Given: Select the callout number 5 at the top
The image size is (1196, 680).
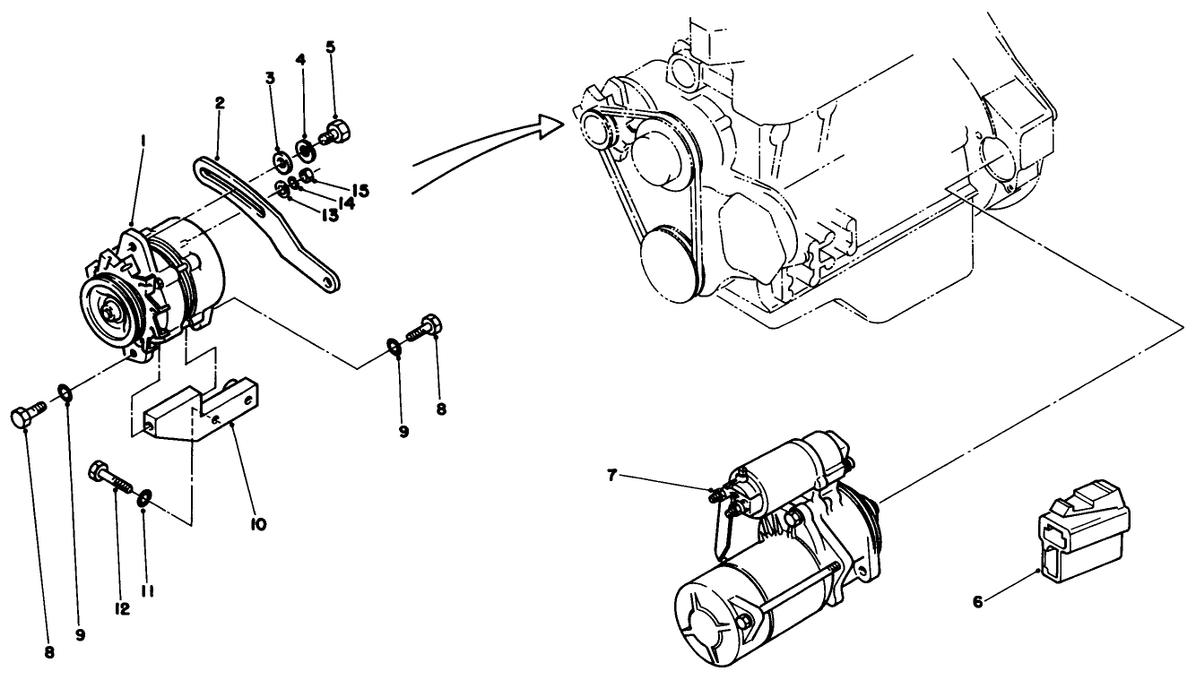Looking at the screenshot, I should (x=331, y=46).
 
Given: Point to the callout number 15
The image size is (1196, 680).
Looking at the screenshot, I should (x=360, y=191).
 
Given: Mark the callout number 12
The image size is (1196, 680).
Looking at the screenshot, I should (x=122, y=608).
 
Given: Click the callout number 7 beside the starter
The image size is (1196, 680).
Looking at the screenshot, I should (x=612, y=475).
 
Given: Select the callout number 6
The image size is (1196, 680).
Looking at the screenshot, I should (x=978, y=602).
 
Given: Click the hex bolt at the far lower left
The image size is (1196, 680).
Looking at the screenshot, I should (x=25, y=417).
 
